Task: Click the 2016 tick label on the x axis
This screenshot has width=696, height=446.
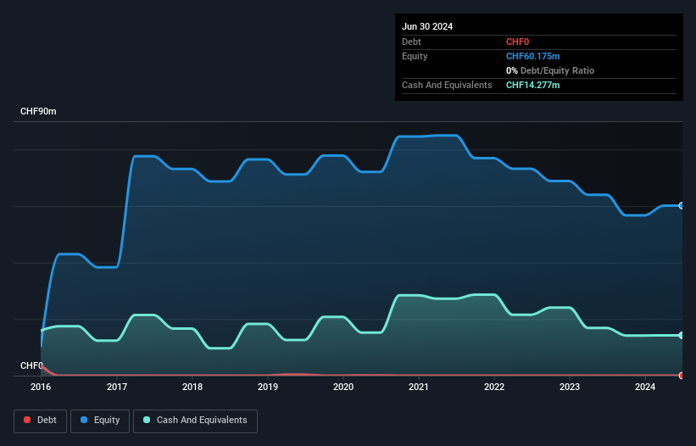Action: tap(41, 387)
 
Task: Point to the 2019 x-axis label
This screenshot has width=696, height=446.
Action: tap(268, 387)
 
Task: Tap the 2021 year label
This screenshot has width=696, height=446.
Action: tap(419, 387)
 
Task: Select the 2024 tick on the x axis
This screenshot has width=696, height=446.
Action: tap(645, 387)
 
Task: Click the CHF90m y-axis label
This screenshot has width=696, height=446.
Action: tap(38, 112)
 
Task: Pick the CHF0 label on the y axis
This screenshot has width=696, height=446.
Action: tap(31, 365)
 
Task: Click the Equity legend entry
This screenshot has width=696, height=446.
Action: tap(101, 420)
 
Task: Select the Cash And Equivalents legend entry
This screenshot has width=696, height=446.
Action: tap(196, 420)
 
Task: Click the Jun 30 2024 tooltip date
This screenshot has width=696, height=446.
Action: tap(427, 26)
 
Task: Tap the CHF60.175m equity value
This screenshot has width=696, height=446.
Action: tap(533, 56)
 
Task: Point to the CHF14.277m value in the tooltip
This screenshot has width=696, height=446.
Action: tap(533, 85)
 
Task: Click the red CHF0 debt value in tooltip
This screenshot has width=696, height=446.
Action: tap(518, 42)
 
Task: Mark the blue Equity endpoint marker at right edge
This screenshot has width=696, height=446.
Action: tap(682, 205)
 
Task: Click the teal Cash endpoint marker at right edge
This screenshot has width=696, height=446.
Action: tap(682, 335)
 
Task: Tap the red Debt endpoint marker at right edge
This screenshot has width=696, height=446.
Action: tap(682, 375)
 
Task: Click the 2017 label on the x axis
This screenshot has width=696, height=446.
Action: tap(117, 387)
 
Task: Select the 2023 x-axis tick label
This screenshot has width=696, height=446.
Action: tap(570, 387)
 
